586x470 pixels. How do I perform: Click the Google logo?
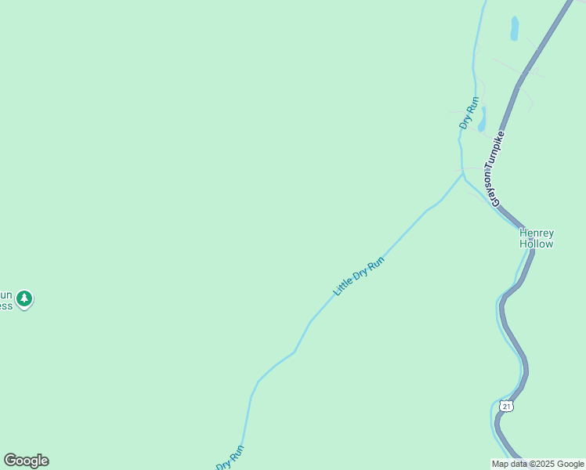coord(26,461)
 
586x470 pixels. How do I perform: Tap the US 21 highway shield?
coord(507,406)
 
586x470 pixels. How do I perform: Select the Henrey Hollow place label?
coord(537,238)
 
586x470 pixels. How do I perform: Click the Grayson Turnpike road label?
coord(497,168)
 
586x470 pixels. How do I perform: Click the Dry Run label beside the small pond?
coord(468,113)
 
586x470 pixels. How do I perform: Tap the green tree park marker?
coord(25,298)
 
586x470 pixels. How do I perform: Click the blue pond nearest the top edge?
coord(515,28)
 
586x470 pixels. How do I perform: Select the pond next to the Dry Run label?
coord(482,119)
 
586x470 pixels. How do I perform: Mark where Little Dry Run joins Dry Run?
coord(462,174)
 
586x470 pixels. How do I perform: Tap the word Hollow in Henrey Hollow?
coord(537,244)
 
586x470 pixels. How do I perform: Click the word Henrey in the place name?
coord(537,233)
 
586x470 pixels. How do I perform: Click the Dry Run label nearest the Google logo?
coord(230,457)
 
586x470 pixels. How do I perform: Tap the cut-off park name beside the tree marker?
coord(6,299)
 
